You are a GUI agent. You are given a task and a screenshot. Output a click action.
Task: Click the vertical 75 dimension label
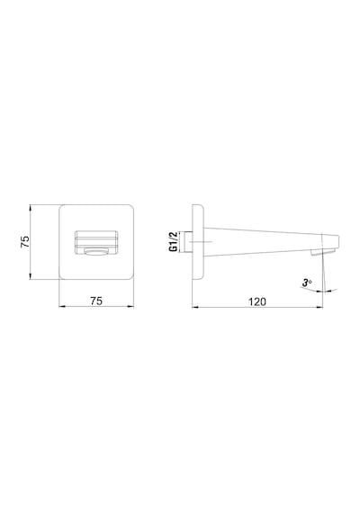pos(25,242)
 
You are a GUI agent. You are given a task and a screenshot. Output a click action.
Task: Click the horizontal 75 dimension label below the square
pos(96,301)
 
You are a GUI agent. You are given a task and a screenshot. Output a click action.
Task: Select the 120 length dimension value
pos(257,301)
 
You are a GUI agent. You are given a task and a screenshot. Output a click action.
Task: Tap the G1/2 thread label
pos(173,241)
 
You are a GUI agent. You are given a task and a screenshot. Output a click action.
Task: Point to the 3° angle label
pos(307,283)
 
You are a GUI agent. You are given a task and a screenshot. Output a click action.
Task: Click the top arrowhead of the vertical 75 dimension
pos(30,208)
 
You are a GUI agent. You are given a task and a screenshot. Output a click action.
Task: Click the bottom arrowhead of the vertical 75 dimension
pos(30,276)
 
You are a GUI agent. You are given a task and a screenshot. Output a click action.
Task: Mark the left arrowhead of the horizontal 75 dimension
pos(62,306)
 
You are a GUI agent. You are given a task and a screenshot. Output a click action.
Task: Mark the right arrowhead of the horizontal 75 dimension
pos(130,306)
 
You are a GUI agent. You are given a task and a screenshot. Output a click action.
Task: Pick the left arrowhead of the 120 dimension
pos(195,307)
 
